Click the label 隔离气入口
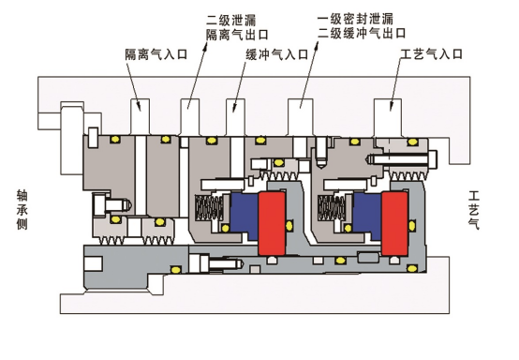click(156, 54)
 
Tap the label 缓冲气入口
click(277, 54)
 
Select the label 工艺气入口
click(431, 53)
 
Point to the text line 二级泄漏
click(231, 20)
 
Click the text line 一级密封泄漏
click(355, 19)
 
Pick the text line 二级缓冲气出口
click(362, 33)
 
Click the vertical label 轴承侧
click(22, 210)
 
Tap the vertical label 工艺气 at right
click(474, 210)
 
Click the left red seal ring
click(272, 223)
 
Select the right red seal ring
click(394, 223)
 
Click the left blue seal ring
click(245, 216)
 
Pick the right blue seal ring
click(367, 216)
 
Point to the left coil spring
click(209, 207)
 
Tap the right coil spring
click(332, 207)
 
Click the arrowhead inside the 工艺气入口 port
click(391, 106)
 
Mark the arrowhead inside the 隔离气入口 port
click(139, 106)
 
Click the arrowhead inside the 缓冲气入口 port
click(234, 107)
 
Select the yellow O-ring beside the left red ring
click(289, 226)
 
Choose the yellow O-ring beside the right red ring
click(412, 226)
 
